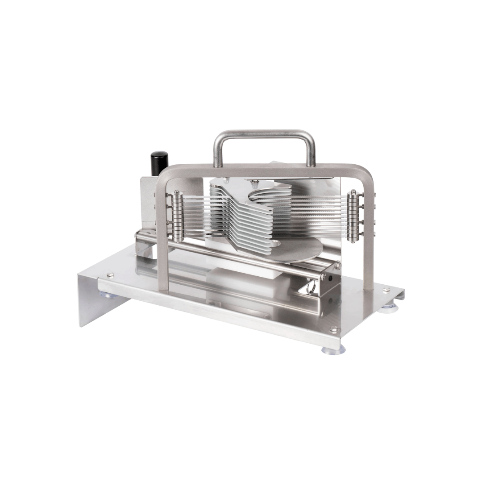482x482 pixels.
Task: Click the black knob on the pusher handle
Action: coord(159,163)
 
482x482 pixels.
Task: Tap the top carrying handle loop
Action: coord(264,133)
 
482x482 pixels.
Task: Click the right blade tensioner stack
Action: coord(354,216)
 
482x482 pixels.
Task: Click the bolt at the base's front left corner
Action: coord(110,275)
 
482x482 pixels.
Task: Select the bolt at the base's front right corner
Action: coord(333,330)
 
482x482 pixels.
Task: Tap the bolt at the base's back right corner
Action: coord(386,290)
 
